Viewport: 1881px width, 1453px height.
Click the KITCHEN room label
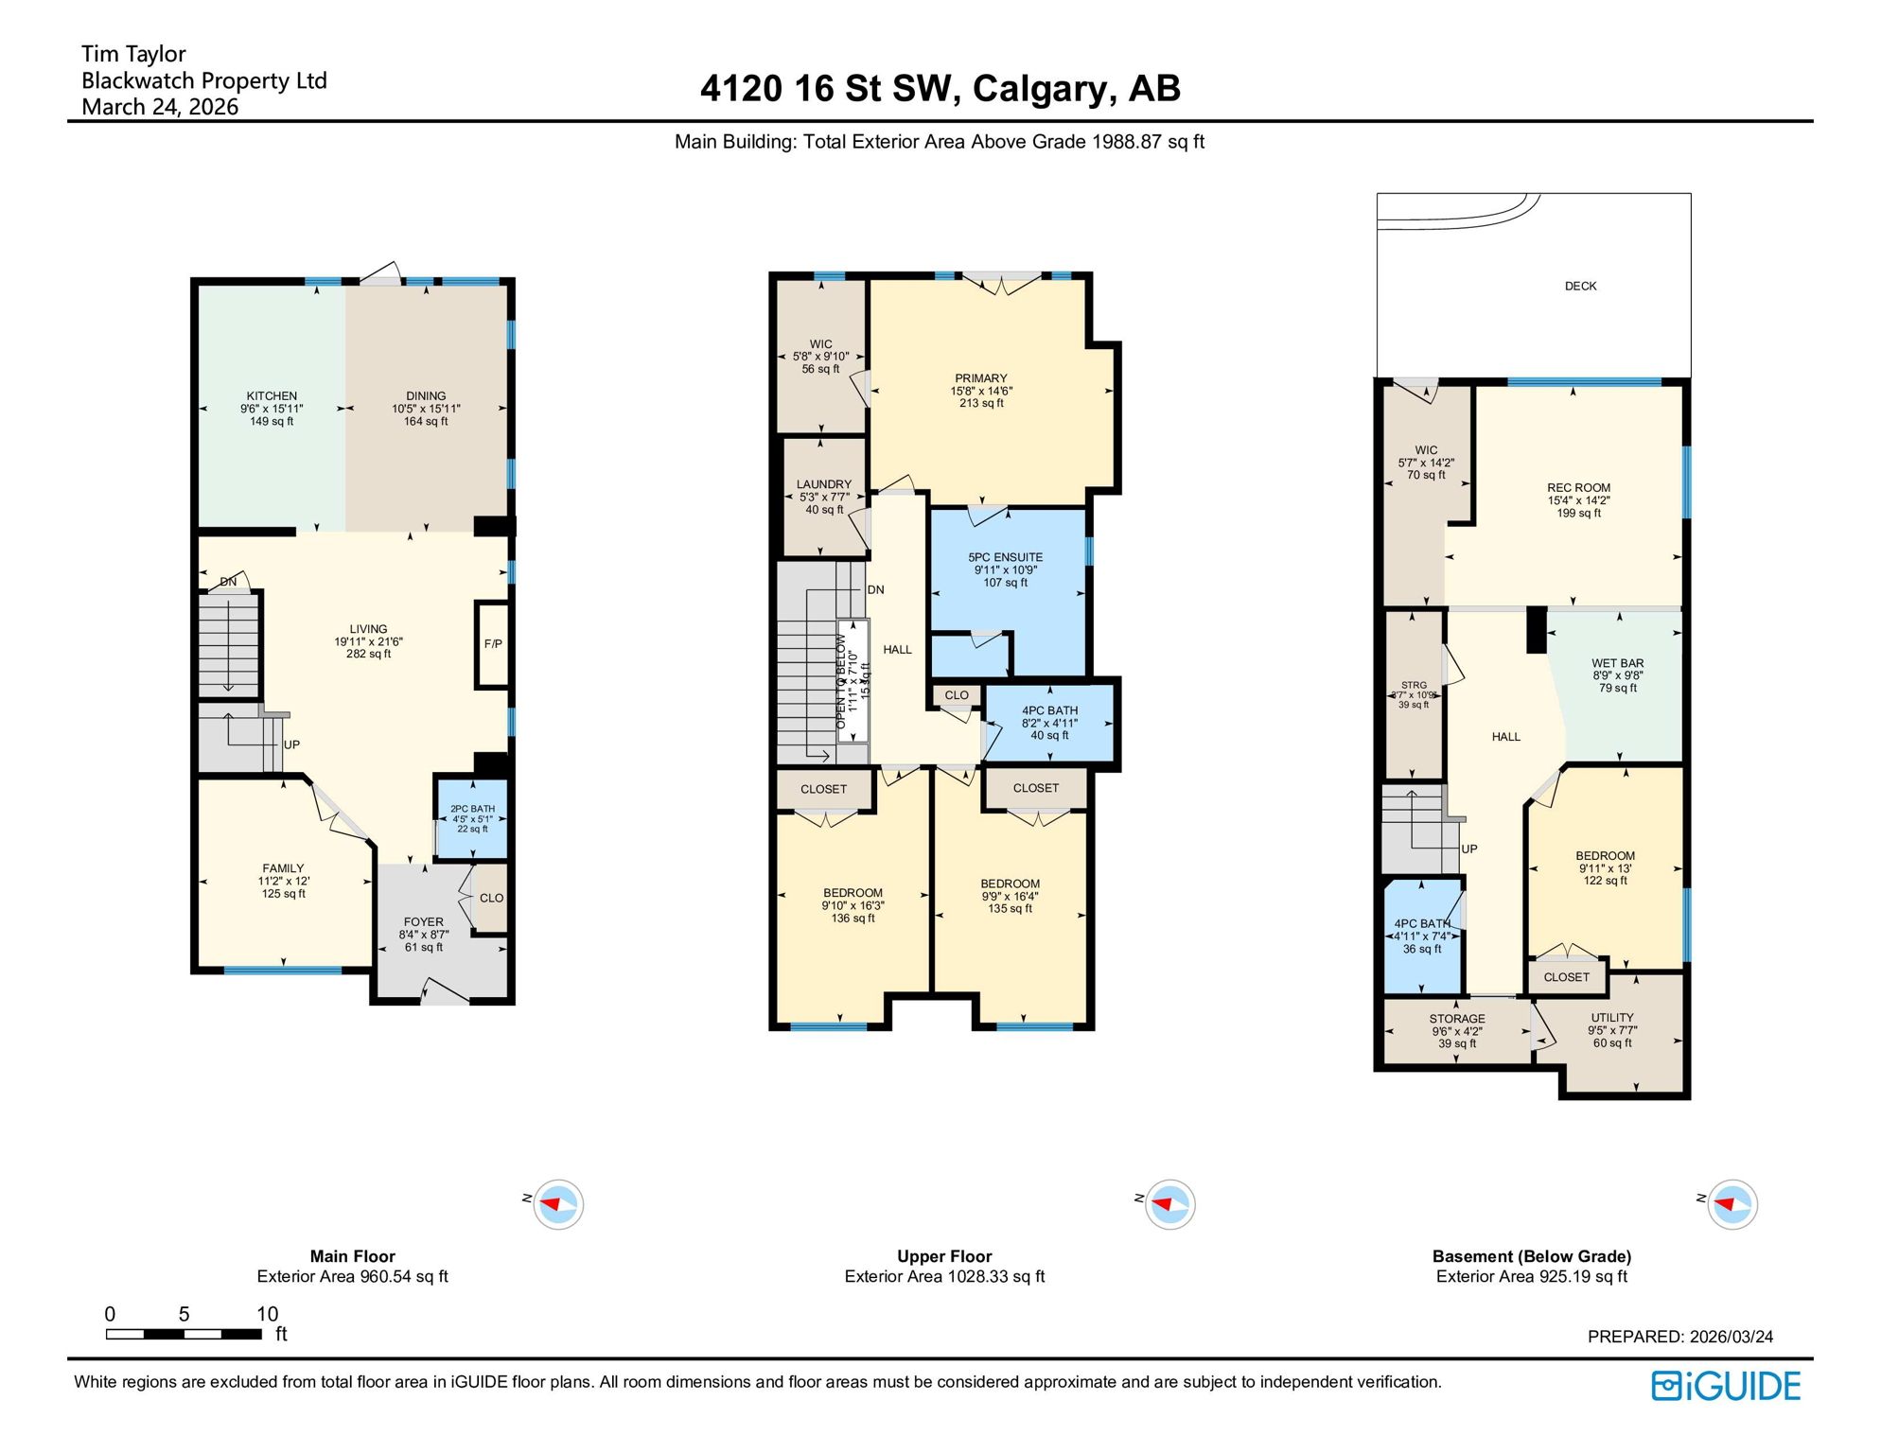(272, 396)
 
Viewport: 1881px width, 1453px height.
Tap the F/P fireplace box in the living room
(493, 644)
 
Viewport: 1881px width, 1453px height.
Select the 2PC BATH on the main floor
(472, 818)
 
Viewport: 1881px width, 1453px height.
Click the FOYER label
(423, 921)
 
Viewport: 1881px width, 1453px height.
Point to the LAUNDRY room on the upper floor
(823, 497)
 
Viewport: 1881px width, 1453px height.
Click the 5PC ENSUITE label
(1005, 557)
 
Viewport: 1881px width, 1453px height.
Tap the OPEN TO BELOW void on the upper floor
(853, 681)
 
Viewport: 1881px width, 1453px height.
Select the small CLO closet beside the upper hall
(957, 695)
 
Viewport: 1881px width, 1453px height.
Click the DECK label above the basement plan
(1580, 286)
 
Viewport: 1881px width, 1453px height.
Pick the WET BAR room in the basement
(1617, 675)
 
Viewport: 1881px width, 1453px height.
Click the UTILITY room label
(1611, 1018)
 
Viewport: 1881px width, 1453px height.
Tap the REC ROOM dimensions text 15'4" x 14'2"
(1578, 500)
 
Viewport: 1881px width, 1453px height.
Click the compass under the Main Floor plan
(558, 1204)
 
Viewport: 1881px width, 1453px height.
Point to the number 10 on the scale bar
(268, 1313)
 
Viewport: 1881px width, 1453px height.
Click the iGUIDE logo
(1726, 1386)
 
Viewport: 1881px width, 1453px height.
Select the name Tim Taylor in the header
(133, 54)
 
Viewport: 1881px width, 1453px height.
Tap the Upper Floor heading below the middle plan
(944, 1256)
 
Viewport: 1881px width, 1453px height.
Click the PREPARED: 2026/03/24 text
(1679, 1337)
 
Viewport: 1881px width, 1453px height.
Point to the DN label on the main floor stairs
(229, 582)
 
